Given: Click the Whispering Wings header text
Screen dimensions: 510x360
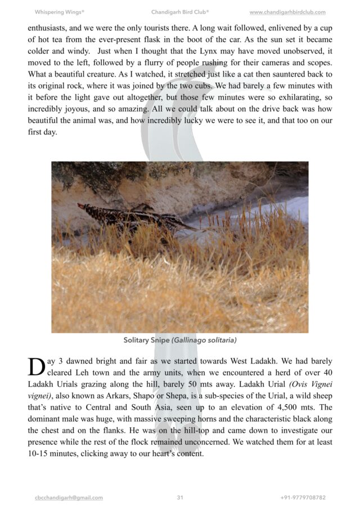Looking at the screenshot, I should coord(59,12).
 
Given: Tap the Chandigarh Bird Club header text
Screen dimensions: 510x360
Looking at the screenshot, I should coord(180,12).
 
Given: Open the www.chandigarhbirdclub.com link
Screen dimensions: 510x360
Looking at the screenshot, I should coord(287,12).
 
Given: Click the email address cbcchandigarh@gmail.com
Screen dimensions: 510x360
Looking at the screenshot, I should coord(69,498).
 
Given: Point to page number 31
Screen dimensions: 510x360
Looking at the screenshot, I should coord(180,498).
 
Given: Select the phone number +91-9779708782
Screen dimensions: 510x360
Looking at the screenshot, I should coord(303,498).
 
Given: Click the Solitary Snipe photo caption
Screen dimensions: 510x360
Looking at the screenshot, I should coord(180,340).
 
